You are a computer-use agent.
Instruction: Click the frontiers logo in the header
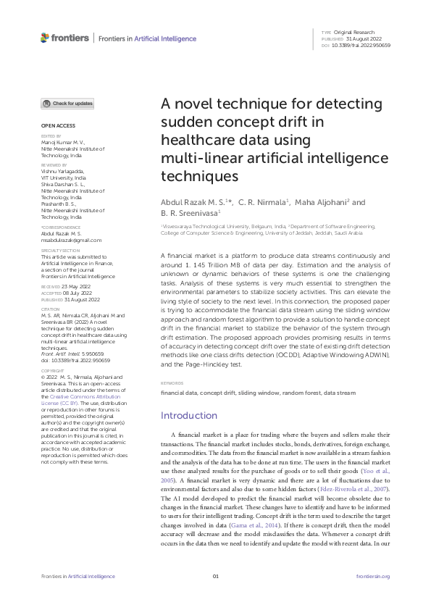[64, 38]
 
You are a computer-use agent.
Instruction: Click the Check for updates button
[67, 104]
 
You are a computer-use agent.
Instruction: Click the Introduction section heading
[188, 416]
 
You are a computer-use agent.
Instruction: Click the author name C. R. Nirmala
[264, 202]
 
